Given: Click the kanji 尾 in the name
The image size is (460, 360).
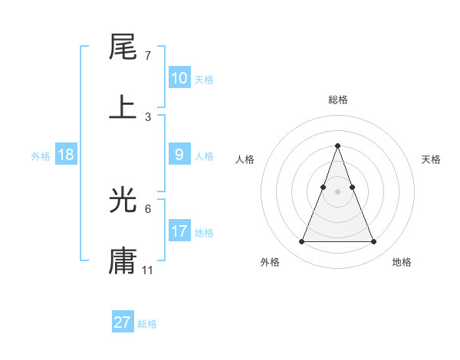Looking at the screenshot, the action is [x=123, y=47].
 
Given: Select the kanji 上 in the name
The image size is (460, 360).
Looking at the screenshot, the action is [x=123, y=106].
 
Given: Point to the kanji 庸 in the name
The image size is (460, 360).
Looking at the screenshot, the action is [x=123, y=260].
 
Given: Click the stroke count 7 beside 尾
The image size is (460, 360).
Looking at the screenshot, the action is [x=147, y=57].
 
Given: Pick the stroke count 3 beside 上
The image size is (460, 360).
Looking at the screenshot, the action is [x=148, y=116].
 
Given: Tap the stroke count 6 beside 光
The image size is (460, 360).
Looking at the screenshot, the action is [x=147, y=208].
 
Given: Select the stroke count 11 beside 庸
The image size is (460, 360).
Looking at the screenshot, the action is [x=148, y=270].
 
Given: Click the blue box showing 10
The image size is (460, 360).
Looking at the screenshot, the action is [x=179, y=78].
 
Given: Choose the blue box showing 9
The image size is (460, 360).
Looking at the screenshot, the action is [x=179, y=155].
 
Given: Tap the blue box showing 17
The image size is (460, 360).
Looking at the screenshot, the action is [x=179, y=231].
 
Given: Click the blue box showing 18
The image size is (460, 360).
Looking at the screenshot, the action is [x=66, y=155].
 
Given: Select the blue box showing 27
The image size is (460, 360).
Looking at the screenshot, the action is [x=122, y=322].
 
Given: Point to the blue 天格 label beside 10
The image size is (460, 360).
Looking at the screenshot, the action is [x=203, y=79].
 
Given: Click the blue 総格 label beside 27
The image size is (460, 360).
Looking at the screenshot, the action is [x=147, y=324].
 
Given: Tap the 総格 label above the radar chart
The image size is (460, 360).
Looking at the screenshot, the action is [x=337, y=100].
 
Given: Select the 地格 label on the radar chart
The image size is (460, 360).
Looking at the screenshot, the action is [x=402, y=262].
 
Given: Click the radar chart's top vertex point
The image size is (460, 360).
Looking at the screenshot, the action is [x=337, y=146].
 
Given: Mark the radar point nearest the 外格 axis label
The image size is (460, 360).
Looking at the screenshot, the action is [x=301, y=242].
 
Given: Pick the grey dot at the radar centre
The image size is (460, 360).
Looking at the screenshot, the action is [x=337, y=191].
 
